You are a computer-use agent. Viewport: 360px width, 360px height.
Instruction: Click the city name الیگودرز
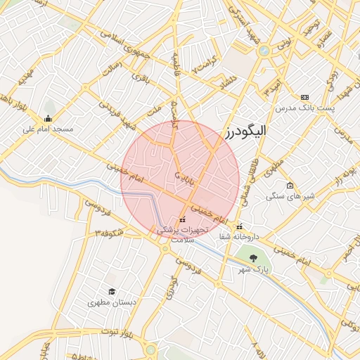250,131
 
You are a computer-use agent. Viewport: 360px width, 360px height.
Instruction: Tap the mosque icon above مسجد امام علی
48,118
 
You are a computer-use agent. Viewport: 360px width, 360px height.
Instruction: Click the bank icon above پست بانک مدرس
304,97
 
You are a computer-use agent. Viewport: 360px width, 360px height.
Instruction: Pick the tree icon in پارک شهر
253,258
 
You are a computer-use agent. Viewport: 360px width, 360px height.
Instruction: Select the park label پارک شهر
254,269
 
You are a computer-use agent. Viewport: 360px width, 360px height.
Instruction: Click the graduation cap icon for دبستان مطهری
111,291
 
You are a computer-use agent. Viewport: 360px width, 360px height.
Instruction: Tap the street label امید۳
274,90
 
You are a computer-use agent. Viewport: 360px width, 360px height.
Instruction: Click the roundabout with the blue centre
263,51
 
